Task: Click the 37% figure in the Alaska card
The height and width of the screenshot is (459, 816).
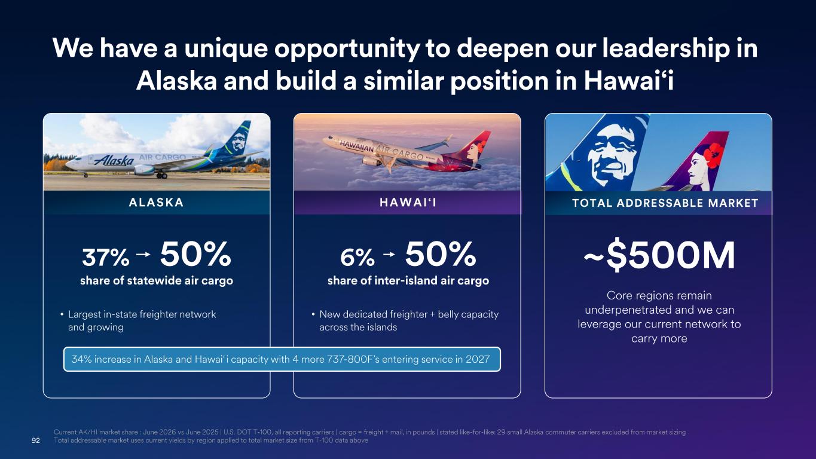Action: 106,257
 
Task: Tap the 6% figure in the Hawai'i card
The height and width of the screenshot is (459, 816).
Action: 357,257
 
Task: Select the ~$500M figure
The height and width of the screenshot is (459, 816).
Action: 659,255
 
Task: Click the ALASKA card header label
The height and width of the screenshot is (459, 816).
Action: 156,203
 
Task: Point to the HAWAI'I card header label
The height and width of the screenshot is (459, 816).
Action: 408,203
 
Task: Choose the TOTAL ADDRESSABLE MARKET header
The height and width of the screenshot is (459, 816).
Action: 665,203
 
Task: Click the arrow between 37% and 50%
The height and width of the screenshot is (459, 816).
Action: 143,254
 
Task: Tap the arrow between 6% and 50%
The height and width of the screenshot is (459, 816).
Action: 389,254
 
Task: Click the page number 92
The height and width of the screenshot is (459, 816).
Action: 36,440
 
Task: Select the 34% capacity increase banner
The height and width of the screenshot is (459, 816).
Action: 282,360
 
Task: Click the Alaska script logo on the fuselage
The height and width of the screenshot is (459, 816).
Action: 114,160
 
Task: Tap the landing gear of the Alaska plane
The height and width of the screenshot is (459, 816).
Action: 162,176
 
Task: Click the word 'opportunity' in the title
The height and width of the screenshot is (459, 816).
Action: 347,48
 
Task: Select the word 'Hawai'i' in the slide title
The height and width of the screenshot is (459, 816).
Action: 629,81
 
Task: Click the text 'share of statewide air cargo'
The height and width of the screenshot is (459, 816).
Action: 157,280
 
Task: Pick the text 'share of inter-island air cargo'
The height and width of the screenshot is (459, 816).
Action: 408,280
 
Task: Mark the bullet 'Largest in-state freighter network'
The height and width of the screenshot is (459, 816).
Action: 142,314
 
